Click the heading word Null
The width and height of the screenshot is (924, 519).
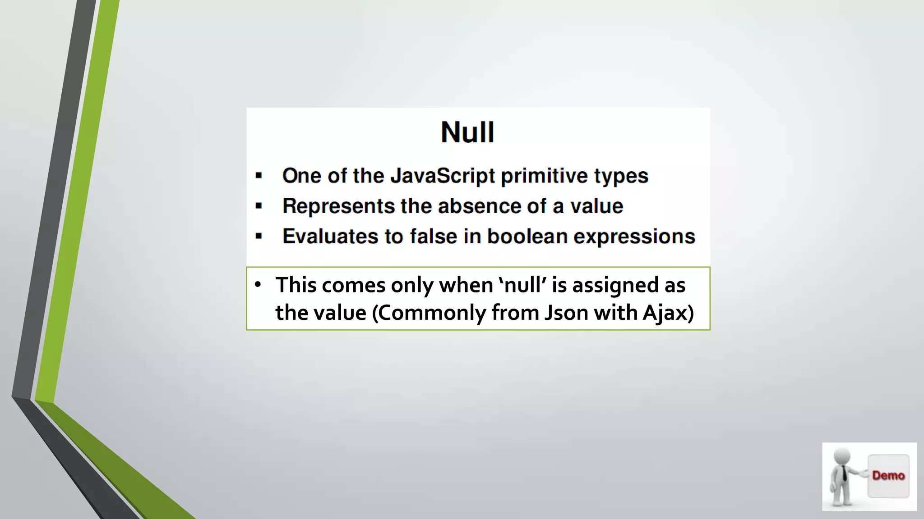pos(467,132)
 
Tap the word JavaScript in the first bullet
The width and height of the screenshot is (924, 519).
pos(443,176)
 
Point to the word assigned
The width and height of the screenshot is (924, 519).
pos(615,285)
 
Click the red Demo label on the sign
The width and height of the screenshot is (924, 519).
pos(888,476)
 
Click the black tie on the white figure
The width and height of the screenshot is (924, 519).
pos(844,473)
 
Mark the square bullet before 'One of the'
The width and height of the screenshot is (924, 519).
pos(259,176)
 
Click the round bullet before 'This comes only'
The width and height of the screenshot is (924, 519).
pos(258,284)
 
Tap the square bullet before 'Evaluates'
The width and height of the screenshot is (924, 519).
pos(259,236)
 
